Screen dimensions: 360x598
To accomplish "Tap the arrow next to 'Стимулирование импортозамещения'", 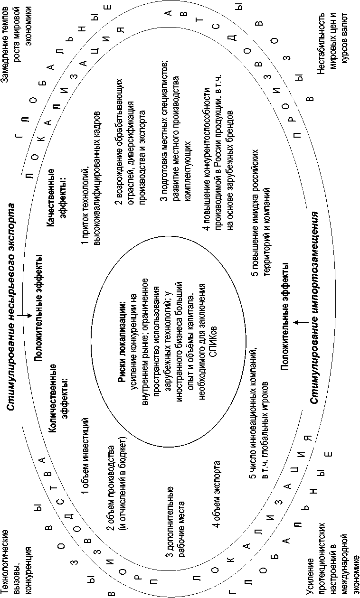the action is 297,322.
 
